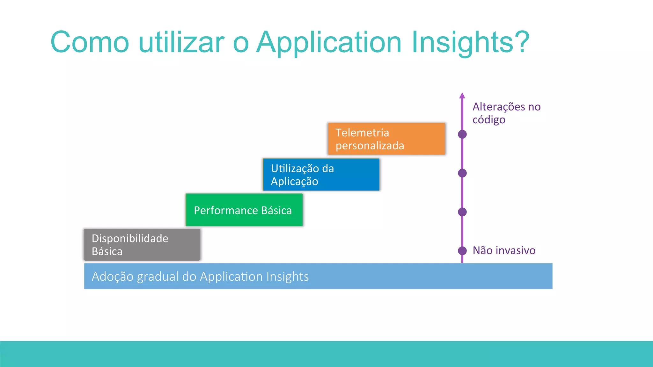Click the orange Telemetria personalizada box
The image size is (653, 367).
[x=386, y=139]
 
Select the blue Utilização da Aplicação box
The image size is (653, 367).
[x=321, y=175]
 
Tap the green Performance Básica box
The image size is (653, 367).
[x=244, y=210]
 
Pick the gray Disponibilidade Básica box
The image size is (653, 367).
[x=142, y=245]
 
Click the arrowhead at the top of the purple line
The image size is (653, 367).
[x=462, y=95]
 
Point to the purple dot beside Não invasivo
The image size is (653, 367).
[x=462, y=251]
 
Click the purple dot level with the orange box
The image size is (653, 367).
[x=462, y=134]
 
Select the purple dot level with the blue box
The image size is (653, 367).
[x=462, y=173]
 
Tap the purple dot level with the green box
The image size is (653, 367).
[x=462, y=212]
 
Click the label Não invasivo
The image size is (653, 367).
[x=504, y=250]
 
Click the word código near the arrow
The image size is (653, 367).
[x=489, y=120]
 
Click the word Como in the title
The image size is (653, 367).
[x=90, y=42]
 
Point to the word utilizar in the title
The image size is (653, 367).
[x=182, y=42]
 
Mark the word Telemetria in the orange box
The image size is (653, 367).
[x=362, y=133]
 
